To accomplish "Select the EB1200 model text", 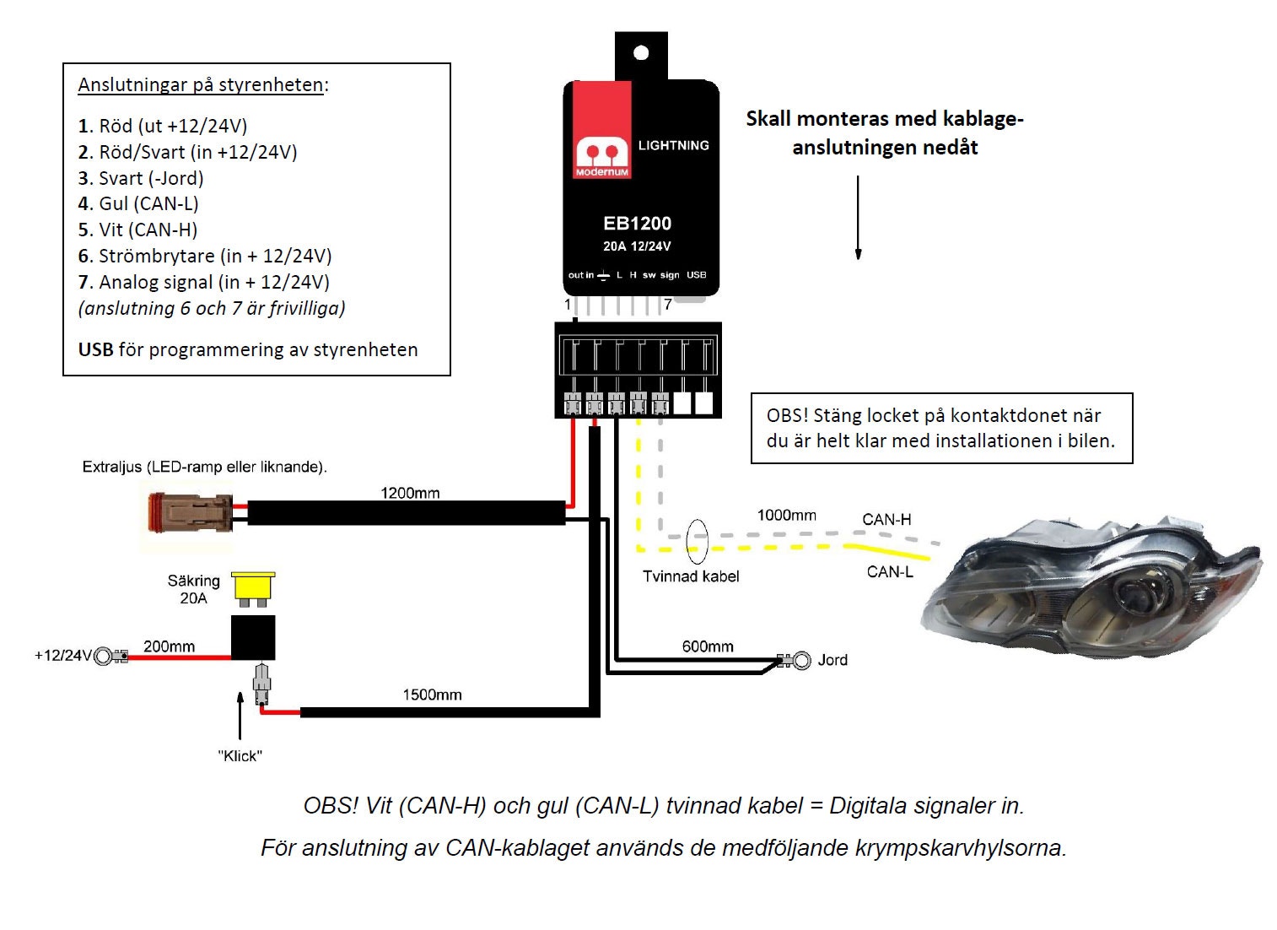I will pyautogui.click(x=637, y=224).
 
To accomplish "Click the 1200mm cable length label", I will pyautogui.click(x=410, y=493).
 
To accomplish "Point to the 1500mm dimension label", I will pyautogui.click(x=432, y=695).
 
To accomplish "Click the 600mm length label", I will pyautogui.click(x=708, y=646).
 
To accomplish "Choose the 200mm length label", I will pyautogui.click(x=169, y=646).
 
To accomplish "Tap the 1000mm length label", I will pyautogui.click(x=786, y=515).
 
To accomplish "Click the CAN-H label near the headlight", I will pyautogui.click(x=886, y=520).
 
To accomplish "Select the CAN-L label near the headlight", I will pyautogui.click(x=890, y=572).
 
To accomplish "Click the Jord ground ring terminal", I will pyautogui.click(x=800, y=660).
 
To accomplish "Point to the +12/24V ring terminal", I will pyautogui.click(x=105, y=656).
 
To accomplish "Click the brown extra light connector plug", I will pyautogui.click(x=189, y=513).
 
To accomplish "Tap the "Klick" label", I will pyautogui.click(x=240, y=756).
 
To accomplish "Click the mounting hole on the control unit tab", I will pyautogui.click(x=641, y=53).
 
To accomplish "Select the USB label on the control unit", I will pyautogui.click(x=696, y=275).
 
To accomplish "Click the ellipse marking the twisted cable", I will pyautogui.click(x=697, y=541).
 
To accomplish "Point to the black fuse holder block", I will pyautogui.click(x=253, y=636).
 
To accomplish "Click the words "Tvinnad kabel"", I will pyautogui.click(x=691, y=576).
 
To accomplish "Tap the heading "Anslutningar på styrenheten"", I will pyautogui.click(x=201, y=85).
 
